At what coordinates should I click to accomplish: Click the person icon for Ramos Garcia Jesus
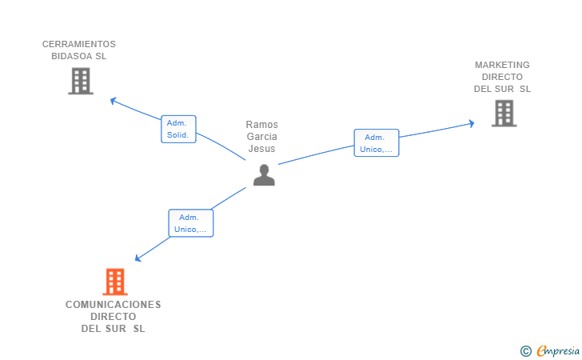264,175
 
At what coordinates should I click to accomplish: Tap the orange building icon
115,282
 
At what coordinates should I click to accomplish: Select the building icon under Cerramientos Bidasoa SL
81,81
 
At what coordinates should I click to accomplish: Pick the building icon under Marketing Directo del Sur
504,114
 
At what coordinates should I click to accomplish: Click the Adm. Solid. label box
178,129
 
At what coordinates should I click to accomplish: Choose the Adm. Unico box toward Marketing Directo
377,143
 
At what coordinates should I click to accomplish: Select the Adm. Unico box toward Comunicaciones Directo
191,223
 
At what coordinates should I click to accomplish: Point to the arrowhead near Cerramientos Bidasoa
114,100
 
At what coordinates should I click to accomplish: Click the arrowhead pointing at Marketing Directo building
472,123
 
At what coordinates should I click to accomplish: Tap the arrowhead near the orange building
138,258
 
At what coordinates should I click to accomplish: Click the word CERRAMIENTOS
78,44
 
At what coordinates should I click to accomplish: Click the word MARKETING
502,65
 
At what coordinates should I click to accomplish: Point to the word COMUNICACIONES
114,305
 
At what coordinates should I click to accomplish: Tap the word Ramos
261,125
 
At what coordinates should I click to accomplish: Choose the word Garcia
261,136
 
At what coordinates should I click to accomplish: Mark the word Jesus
261,149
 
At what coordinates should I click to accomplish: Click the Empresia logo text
558,350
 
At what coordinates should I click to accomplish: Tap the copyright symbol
525,351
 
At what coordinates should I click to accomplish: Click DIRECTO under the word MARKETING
502,77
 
